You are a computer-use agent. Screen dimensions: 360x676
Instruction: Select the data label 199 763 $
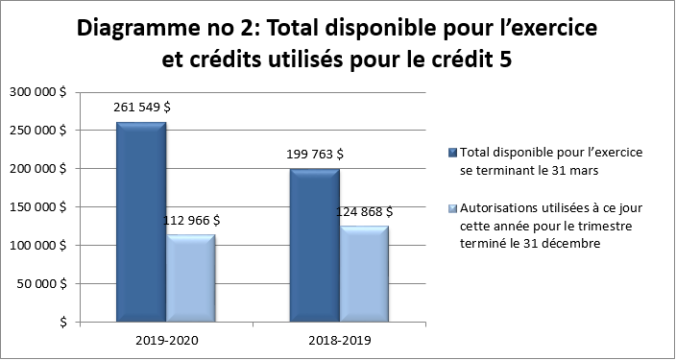click(314, 153)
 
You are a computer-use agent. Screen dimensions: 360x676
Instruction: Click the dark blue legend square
click(453, 153)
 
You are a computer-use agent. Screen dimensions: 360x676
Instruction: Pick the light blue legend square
click(453, 206)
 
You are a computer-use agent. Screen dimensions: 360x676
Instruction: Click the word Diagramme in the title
click(138, 29)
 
